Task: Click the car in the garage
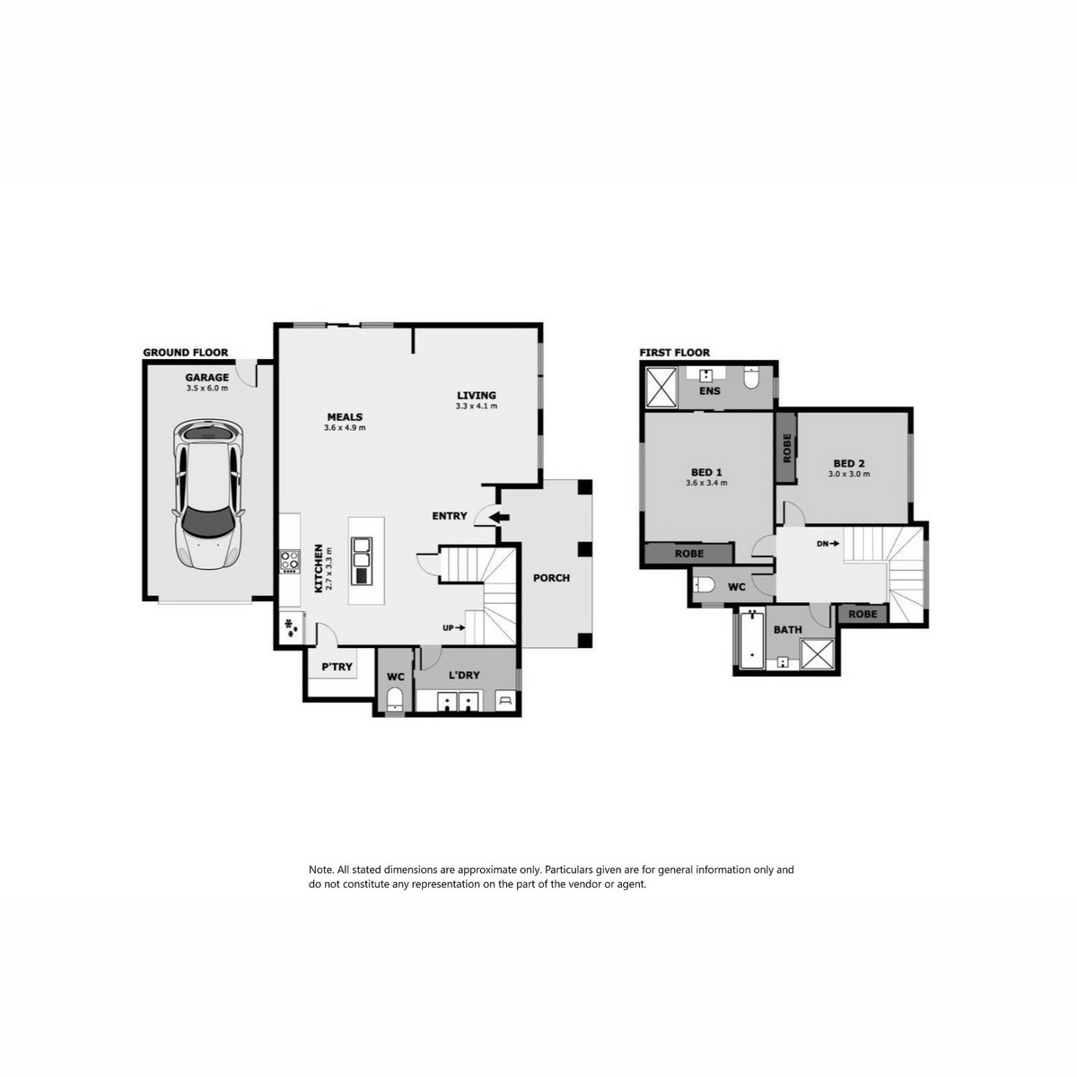[208, 495]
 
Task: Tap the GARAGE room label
[206, 377]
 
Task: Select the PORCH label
[551, 578]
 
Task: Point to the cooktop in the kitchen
[290, 562]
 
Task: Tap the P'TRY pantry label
[337, 667]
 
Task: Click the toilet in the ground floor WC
[395, 699]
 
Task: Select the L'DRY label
[464, 675]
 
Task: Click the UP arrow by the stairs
[454, 627]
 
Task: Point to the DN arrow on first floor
[827, 543]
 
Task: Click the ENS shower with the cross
[661, 386]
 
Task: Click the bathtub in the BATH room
[752, 641]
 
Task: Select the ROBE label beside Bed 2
[787, 448]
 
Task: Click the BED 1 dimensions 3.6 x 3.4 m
[706, 483]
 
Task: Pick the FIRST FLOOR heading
[675, 353]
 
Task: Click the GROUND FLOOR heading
[186, 353]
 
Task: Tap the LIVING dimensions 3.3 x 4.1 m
[477, 406]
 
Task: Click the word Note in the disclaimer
[320, 870]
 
